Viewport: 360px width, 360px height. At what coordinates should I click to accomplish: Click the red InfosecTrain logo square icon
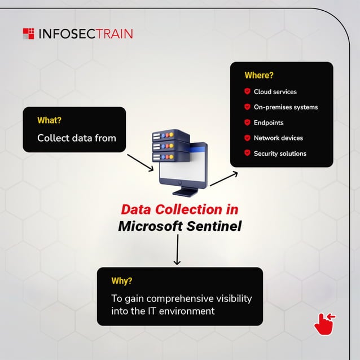click(28, 34)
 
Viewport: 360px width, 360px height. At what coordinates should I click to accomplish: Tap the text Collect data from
click(77, 138)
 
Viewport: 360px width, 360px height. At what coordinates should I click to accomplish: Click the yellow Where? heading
click(258, 75)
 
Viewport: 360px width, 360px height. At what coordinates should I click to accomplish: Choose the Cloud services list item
click(275, 91)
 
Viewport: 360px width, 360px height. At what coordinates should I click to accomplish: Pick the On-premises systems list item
click(286, 107)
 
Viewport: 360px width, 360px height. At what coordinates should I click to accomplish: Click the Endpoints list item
click(269, 122)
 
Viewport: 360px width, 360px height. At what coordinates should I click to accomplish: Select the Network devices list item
click(278, 138)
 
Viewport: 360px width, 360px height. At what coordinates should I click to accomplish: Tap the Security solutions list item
click(280, 153)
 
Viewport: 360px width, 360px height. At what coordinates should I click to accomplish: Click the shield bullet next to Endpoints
click(247, 122)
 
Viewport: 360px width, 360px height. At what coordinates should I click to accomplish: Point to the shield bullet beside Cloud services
click(247, 91)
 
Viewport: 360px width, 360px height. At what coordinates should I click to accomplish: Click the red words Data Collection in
click(179, 209)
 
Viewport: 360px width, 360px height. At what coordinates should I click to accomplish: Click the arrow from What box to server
click(140, 161)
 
